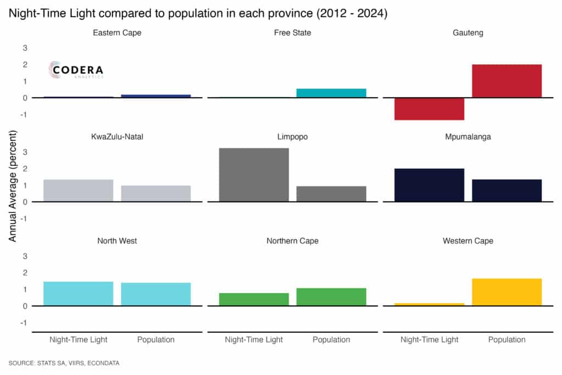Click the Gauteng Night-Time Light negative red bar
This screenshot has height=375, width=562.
click(429, 109)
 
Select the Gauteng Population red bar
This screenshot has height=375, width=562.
click(507, 81)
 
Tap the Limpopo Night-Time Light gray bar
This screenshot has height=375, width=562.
click(254, 175)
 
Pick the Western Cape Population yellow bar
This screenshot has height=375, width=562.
click(507, 292)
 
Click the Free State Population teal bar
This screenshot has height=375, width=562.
click(331, 93)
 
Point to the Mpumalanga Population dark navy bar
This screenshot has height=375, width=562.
click(507, 191)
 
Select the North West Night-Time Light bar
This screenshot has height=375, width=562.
click(78, 294)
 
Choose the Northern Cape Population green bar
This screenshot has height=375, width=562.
click(331, 297)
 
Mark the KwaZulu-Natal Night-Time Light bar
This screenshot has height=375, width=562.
click(78, 191)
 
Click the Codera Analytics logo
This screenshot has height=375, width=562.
click(76, 70)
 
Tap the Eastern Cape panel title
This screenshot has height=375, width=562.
click(116, 33)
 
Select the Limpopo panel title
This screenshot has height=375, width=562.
click(292, 137)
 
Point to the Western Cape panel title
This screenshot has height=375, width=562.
click(468, 241)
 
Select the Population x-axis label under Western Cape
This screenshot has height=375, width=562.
click(507, 340)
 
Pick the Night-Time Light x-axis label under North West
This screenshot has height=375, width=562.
click(78, 340)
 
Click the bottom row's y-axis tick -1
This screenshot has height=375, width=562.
click(23, 323)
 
